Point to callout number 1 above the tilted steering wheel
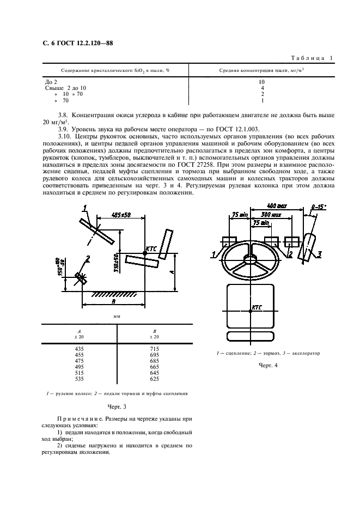(86, 207)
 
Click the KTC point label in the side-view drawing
(150, 248)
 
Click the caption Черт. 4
(268, 365)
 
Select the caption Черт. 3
(117, 406)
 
